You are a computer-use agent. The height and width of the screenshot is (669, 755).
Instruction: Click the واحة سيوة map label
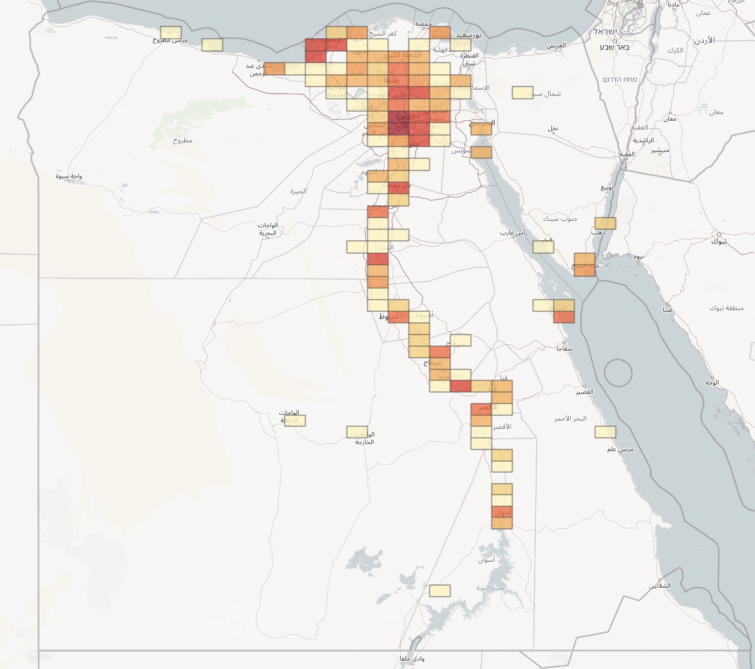[69, 176]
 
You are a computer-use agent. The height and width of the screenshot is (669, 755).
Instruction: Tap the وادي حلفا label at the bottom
[412, 659]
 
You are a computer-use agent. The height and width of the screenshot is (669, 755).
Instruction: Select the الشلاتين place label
[660, 586]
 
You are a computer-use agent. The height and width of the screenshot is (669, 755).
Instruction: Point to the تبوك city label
[719, 241]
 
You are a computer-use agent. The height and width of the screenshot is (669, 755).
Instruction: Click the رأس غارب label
[513, 232]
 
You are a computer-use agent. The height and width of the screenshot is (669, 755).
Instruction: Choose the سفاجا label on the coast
[565, 348]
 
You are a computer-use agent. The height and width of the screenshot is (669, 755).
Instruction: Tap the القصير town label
[584, 391]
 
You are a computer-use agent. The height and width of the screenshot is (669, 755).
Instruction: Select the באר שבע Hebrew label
[614, 46]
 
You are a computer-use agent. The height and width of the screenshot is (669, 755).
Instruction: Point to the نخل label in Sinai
[553, 129]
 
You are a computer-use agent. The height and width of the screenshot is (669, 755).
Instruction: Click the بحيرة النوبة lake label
[488, 587]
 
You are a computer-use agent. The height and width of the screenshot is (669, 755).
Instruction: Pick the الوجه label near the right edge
[712, 383]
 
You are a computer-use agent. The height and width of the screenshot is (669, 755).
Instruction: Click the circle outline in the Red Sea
[618, 373]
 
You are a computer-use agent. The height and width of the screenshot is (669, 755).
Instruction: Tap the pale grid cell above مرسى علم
[605, 432]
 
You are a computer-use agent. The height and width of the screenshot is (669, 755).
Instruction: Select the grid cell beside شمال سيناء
[522, 92]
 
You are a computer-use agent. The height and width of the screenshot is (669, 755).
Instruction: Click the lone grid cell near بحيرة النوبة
[440, 590]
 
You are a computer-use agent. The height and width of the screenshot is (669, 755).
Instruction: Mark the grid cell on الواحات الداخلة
[295, 420]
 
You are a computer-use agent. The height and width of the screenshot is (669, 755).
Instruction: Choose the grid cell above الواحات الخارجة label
[357, 431]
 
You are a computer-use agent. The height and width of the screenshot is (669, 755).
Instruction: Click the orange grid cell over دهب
[605, 223]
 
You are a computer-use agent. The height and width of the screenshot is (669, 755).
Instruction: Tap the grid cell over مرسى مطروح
[171, 32]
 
